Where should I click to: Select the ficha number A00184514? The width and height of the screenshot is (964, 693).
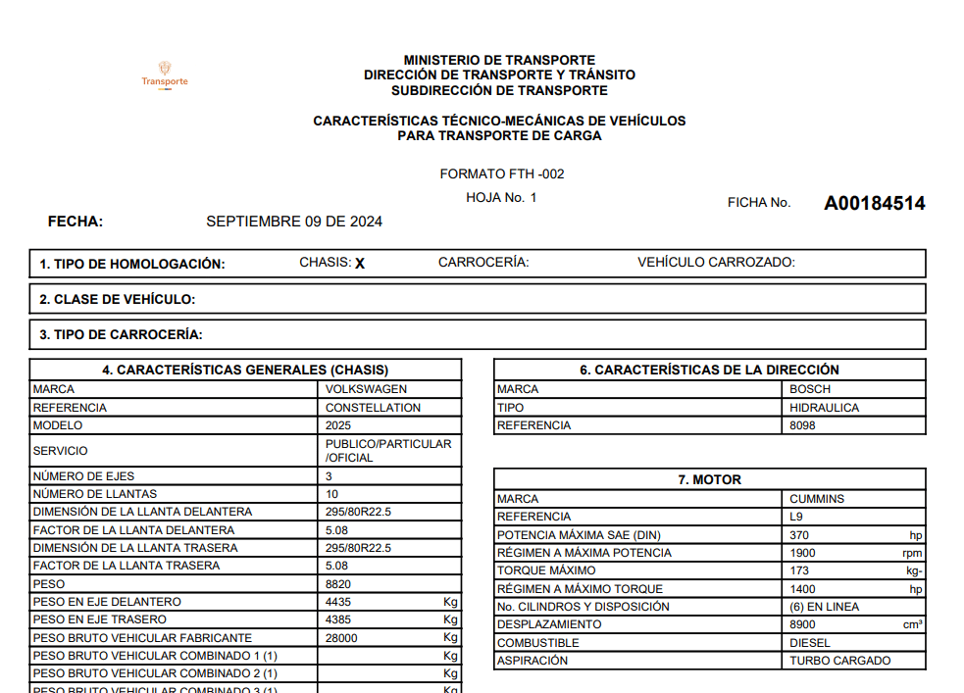point(874,204)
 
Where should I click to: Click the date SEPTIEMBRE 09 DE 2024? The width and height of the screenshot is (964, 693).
point(294,222)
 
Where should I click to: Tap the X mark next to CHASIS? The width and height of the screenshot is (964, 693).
point(360,264)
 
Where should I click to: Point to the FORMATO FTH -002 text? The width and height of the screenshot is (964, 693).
point(502,174)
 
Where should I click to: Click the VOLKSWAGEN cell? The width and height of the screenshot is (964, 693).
point(366,389)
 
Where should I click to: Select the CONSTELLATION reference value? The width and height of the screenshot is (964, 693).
point(373,408)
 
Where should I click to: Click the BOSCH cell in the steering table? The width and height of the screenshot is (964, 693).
point(810,389)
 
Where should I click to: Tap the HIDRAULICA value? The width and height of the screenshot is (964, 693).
point(824,408)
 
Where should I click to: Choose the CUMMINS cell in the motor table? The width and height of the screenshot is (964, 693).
point(817,499)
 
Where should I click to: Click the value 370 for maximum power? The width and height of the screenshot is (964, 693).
point(800,535)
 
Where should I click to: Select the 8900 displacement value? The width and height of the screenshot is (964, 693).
point(803,624)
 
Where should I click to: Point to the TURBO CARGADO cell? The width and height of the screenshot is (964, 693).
point(840,661)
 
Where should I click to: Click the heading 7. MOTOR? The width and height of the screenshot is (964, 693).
point(709,480)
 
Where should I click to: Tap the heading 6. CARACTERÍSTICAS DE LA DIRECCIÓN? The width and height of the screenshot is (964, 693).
point(709,371)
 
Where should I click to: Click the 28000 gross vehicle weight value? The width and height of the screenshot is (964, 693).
point(341,638)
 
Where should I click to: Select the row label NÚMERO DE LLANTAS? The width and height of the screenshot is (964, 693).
point(95,494)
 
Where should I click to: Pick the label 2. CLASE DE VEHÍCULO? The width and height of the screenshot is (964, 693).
point(118,299)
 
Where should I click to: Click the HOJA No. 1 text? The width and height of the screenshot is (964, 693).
point(502,198)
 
